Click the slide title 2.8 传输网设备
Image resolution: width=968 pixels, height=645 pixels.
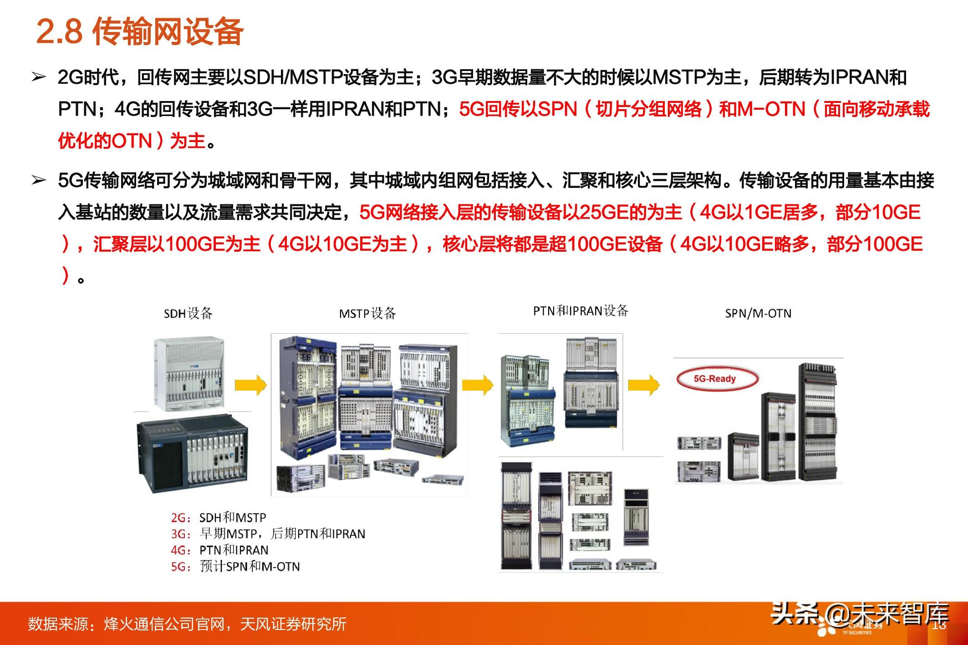tap(140, 31)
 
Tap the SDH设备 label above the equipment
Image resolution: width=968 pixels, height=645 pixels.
tap(188, 313)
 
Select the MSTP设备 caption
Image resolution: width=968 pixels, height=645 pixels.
tap(367, 313)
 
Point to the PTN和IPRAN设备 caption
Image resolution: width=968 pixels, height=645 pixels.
tap(581, 311)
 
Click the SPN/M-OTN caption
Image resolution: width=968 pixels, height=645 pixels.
tap(758, 313)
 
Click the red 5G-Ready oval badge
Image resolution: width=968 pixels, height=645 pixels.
tap(715, 378)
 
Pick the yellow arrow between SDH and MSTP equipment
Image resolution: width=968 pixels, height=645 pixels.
tap(250, 385)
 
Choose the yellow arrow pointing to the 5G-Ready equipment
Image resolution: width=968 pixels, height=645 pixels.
tap(644, 385)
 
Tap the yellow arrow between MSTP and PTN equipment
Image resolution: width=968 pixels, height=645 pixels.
tap(478, 385)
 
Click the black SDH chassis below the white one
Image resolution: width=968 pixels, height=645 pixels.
tap(193, 452)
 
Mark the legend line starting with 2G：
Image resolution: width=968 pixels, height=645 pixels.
tap(219, 518)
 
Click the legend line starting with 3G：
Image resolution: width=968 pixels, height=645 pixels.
tap(268, 533)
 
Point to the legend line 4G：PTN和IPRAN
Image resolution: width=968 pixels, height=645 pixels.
tap(219, 550)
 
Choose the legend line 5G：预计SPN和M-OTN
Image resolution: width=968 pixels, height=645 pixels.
tap(235, 566)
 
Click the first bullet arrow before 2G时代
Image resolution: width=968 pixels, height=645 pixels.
tap(39, 78)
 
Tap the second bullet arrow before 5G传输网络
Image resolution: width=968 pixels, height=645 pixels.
tap(39, 181)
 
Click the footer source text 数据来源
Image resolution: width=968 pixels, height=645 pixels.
tap(187, 624)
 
